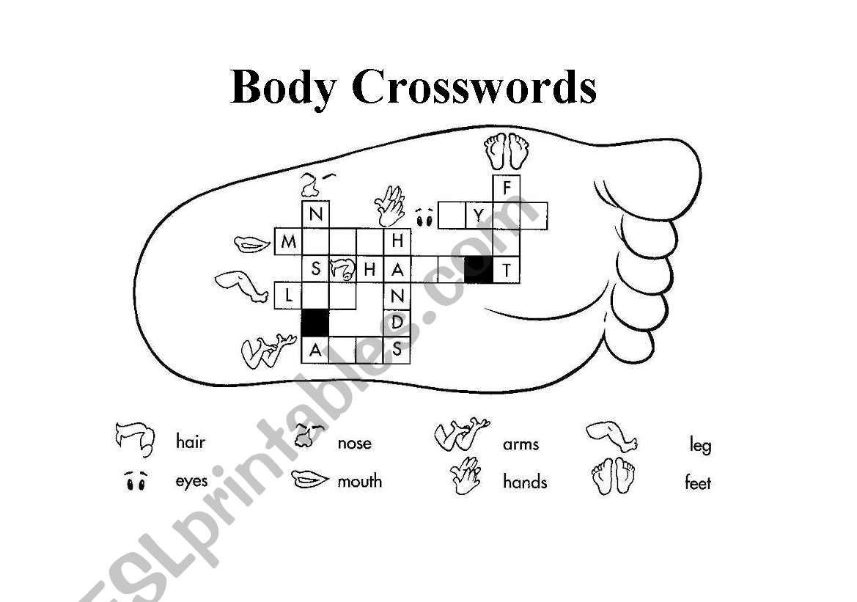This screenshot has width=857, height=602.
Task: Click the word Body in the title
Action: click(283, 87)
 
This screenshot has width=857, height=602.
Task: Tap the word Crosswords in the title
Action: click(474, 87)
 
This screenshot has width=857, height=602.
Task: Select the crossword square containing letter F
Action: click(506, 188)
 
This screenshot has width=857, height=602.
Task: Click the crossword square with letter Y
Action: click(479, 216)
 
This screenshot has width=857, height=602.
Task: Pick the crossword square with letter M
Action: click(289, 241)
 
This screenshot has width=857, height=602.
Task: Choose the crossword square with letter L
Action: click(289, 296)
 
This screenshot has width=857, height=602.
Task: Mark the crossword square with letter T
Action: click(506, 270)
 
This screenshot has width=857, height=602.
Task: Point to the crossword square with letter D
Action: click(397, 322)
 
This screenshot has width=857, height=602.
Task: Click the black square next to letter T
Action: click(479, 270)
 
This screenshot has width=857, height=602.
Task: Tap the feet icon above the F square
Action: click(507, 151)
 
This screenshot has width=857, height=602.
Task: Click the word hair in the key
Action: click(191, 442)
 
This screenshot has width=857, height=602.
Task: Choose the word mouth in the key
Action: click(359, 482)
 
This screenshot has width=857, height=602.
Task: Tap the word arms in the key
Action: click(521, 444)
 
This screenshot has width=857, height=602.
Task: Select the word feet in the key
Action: click(697, 483)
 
